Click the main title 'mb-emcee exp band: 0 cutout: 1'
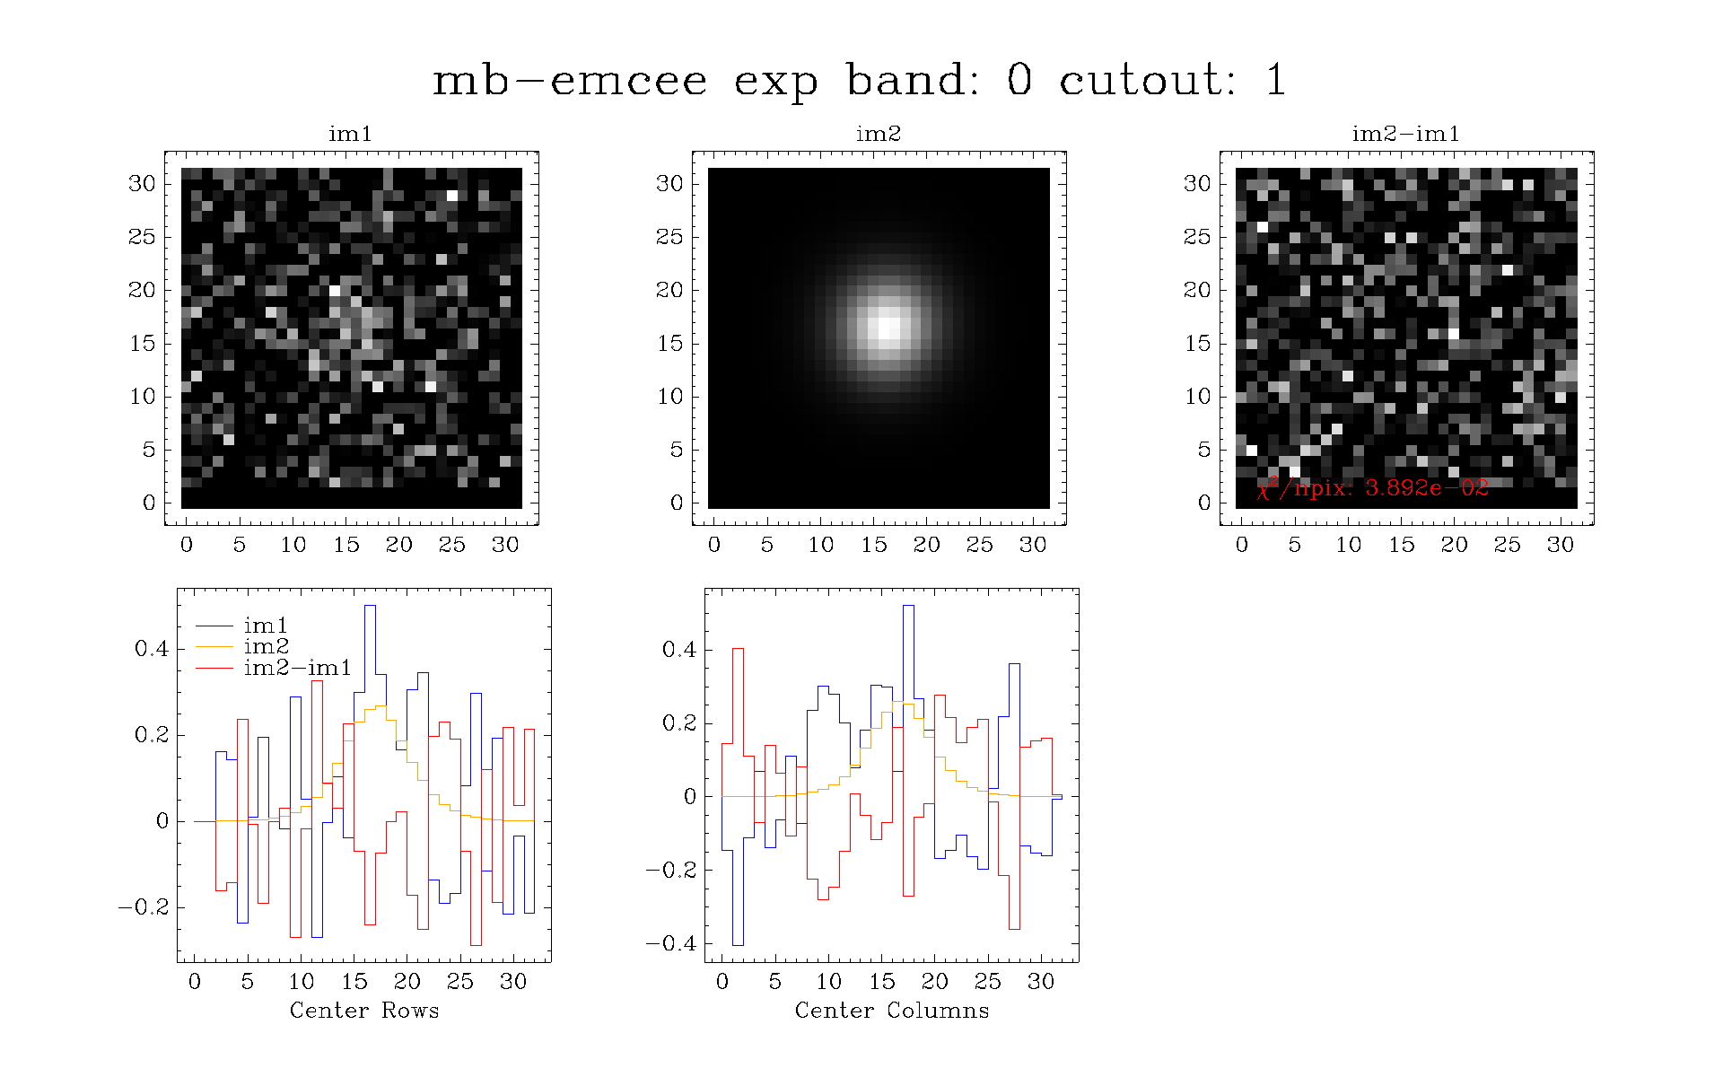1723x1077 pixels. tap(860, 80)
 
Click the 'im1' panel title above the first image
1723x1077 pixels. tap(350, 134)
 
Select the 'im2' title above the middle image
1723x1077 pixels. tap(878, 134)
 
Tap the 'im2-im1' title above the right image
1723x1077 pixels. tap(1405, 134)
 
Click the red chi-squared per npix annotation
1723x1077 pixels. tap(1373, 487)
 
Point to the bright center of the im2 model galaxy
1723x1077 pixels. tap(888, 327)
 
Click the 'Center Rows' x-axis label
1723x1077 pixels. tap(364, 1011)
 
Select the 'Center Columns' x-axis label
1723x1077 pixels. tap(892, 1011)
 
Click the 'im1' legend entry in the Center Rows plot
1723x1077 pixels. tap(266, 626)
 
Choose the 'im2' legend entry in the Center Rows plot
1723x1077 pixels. tap(266, 646)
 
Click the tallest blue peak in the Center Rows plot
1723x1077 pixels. tap(370, 606)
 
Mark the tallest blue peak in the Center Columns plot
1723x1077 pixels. tap(908, 606)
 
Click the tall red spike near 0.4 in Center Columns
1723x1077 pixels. tap(738, 649)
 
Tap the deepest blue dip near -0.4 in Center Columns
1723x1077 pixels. tap(738, 944)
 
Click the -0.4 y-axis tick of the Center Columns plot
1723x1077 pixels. tap(671, 943)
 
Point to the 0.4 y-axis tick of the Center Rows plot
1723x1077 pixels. tap(151, 649)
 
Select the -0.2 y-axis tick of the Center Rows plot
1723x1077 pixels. tap(144, 907)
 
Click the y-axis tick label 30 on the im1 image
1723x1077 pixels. tap(142, 184)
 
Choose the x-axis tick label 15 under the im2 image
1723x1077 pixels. tap(874, 545)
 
